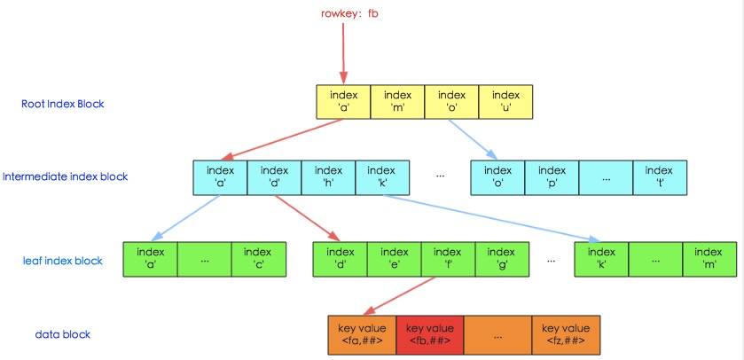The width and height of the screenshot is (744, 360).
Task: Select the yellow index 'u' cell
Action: pos(505,102)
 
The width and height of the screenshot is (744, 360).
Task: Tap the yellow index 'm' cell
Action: pos(397,102)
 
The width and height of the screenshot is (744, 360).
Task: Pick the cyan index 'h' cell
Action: pos(328,176)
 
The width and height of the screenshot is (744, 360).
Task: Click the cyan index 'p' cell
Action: pos(552,176)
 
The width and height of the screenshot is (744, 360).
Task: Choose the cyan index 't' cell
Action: pos(659,176)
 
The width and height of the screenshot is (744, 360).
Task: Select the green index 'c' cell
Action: pos(258,259)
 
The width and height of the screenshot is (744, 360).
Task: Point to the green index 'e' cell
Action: pos(394,259)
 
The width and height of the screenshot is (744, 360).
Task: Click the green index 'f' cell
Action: pos(448,259)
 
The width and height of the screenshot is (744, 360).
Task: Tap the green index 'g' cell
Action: pos(502,259)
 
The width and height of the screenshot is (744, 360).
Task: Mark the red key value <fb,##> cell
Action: pos(429,334)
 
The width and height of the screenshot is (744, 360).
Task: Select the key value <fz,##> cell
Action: pos(565,334)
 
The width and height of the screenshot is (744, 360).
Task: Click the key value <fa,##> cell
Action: pos(361,334)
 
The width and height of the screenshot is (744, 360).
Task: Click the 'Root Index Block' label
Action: pos(63,104)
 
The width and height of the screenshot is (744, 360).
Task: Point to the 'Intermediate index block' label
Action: pos(65,176)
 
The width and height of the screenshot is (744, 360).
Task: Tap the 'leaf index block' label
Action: pos(63,261)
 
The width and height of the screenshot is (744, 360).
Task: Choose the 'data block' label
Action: pos(63,334)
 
